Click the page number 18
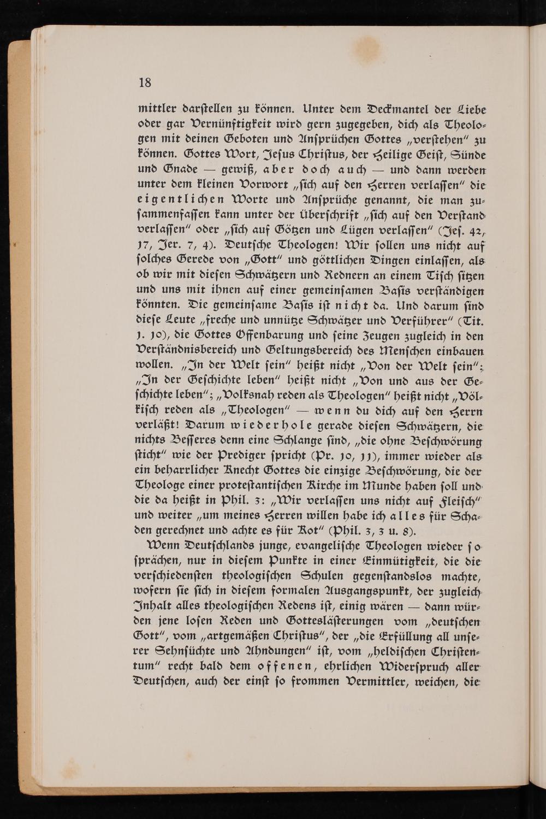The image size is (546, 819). [145, 83]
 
